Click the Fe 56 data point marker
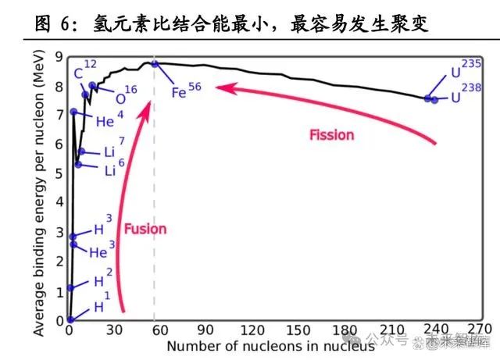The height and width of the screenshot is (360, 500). click(x=155, y=64)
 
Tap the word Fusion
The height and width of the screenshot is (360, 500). click(x=145, y=230)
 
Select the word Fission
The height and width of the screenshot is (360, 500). click(x=331, y=135)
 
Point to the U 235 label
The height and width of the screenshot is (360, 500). click(x=460, y=77)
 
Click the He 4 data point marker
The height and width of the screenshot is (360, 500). click(x=73, y=112)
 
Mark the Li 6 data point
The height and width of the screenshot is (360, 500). click(x=78, y=164)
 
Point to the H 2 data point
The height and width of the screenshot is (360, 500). click(x=70, y=287)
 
